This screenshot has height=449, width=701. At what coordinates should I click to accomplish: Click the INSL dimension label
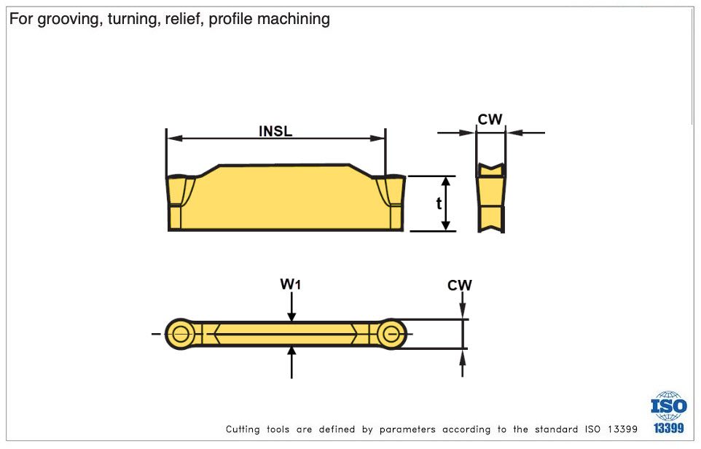(x=275, y=131)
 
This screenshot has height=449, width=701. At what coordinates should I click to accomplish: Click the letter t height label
(x=439, y=203)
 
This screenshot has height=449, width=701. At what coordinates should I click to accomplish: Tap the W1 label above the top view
(x=291, y=284)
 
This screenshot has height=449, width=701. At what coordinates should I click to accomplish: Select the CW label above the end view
(x=490, y=120)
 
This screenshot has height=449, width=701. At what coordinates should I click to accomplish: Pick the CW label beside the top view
(x=460, y=285)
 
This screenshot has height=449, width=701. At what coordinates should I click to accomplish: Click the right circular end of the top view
(x=392, y=335)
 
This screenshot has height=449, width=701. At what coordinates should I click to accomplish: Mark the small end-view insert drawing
(x=490, y=198)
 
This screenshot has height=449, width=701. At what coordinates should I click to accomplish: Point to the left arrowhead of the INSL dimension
(x=173, y=138)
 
